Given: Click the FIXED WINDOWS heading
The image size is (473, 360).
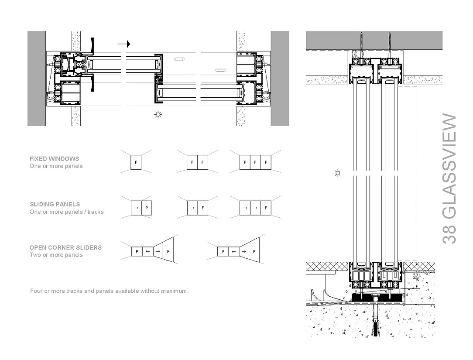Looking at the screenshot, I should coord(55,159).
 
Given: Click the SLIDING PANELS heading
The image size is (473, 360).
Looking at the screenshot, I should coord(55,204).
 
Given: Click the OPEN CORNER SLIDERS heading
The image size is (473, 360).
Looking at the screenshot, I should coord(65,247).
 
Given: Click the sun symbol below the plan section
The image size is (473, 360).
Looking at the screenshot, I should coord(158,115).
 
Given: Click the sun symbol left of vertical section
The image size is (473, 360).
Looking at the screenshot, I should coord(337,173).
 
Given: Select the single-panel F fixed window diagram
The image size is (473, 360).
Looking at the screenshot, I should coord(136,162).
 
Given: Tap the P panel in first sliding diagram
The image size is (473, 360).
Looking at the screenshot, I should coord(147,208).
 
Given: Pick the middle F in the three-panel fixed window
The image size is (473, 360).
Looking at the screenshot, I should coord(255,162).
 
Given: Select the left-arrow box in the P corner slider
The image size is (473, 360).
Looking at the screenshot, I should coord(147,251).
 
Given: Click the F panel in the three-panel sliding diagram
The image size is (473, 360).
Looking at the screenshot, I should coord(266,208).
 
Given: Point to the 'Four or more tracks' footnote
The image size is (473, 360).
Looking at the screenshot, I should coord(109,291).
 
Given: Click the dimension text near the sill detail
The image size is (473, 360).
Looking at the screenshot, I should coord(417,277).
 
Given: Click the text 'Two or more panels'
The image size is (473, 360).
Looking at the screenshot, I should coord(56,255).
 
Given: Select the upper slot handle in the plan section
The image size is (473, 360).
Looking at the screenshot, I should coord(179,58).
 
